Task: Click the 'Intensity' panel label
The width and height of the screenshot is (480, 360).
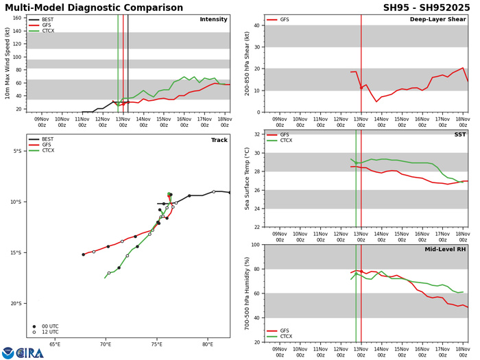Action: [213, 19]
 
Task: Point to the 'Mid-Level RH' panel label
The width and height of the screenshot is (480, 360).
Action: [444, 250]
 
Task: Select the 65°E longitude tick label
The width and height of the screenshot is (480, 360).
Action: [55, 346]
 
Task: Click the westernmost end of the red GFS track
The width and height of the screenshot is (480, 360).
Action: [83, 254]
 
